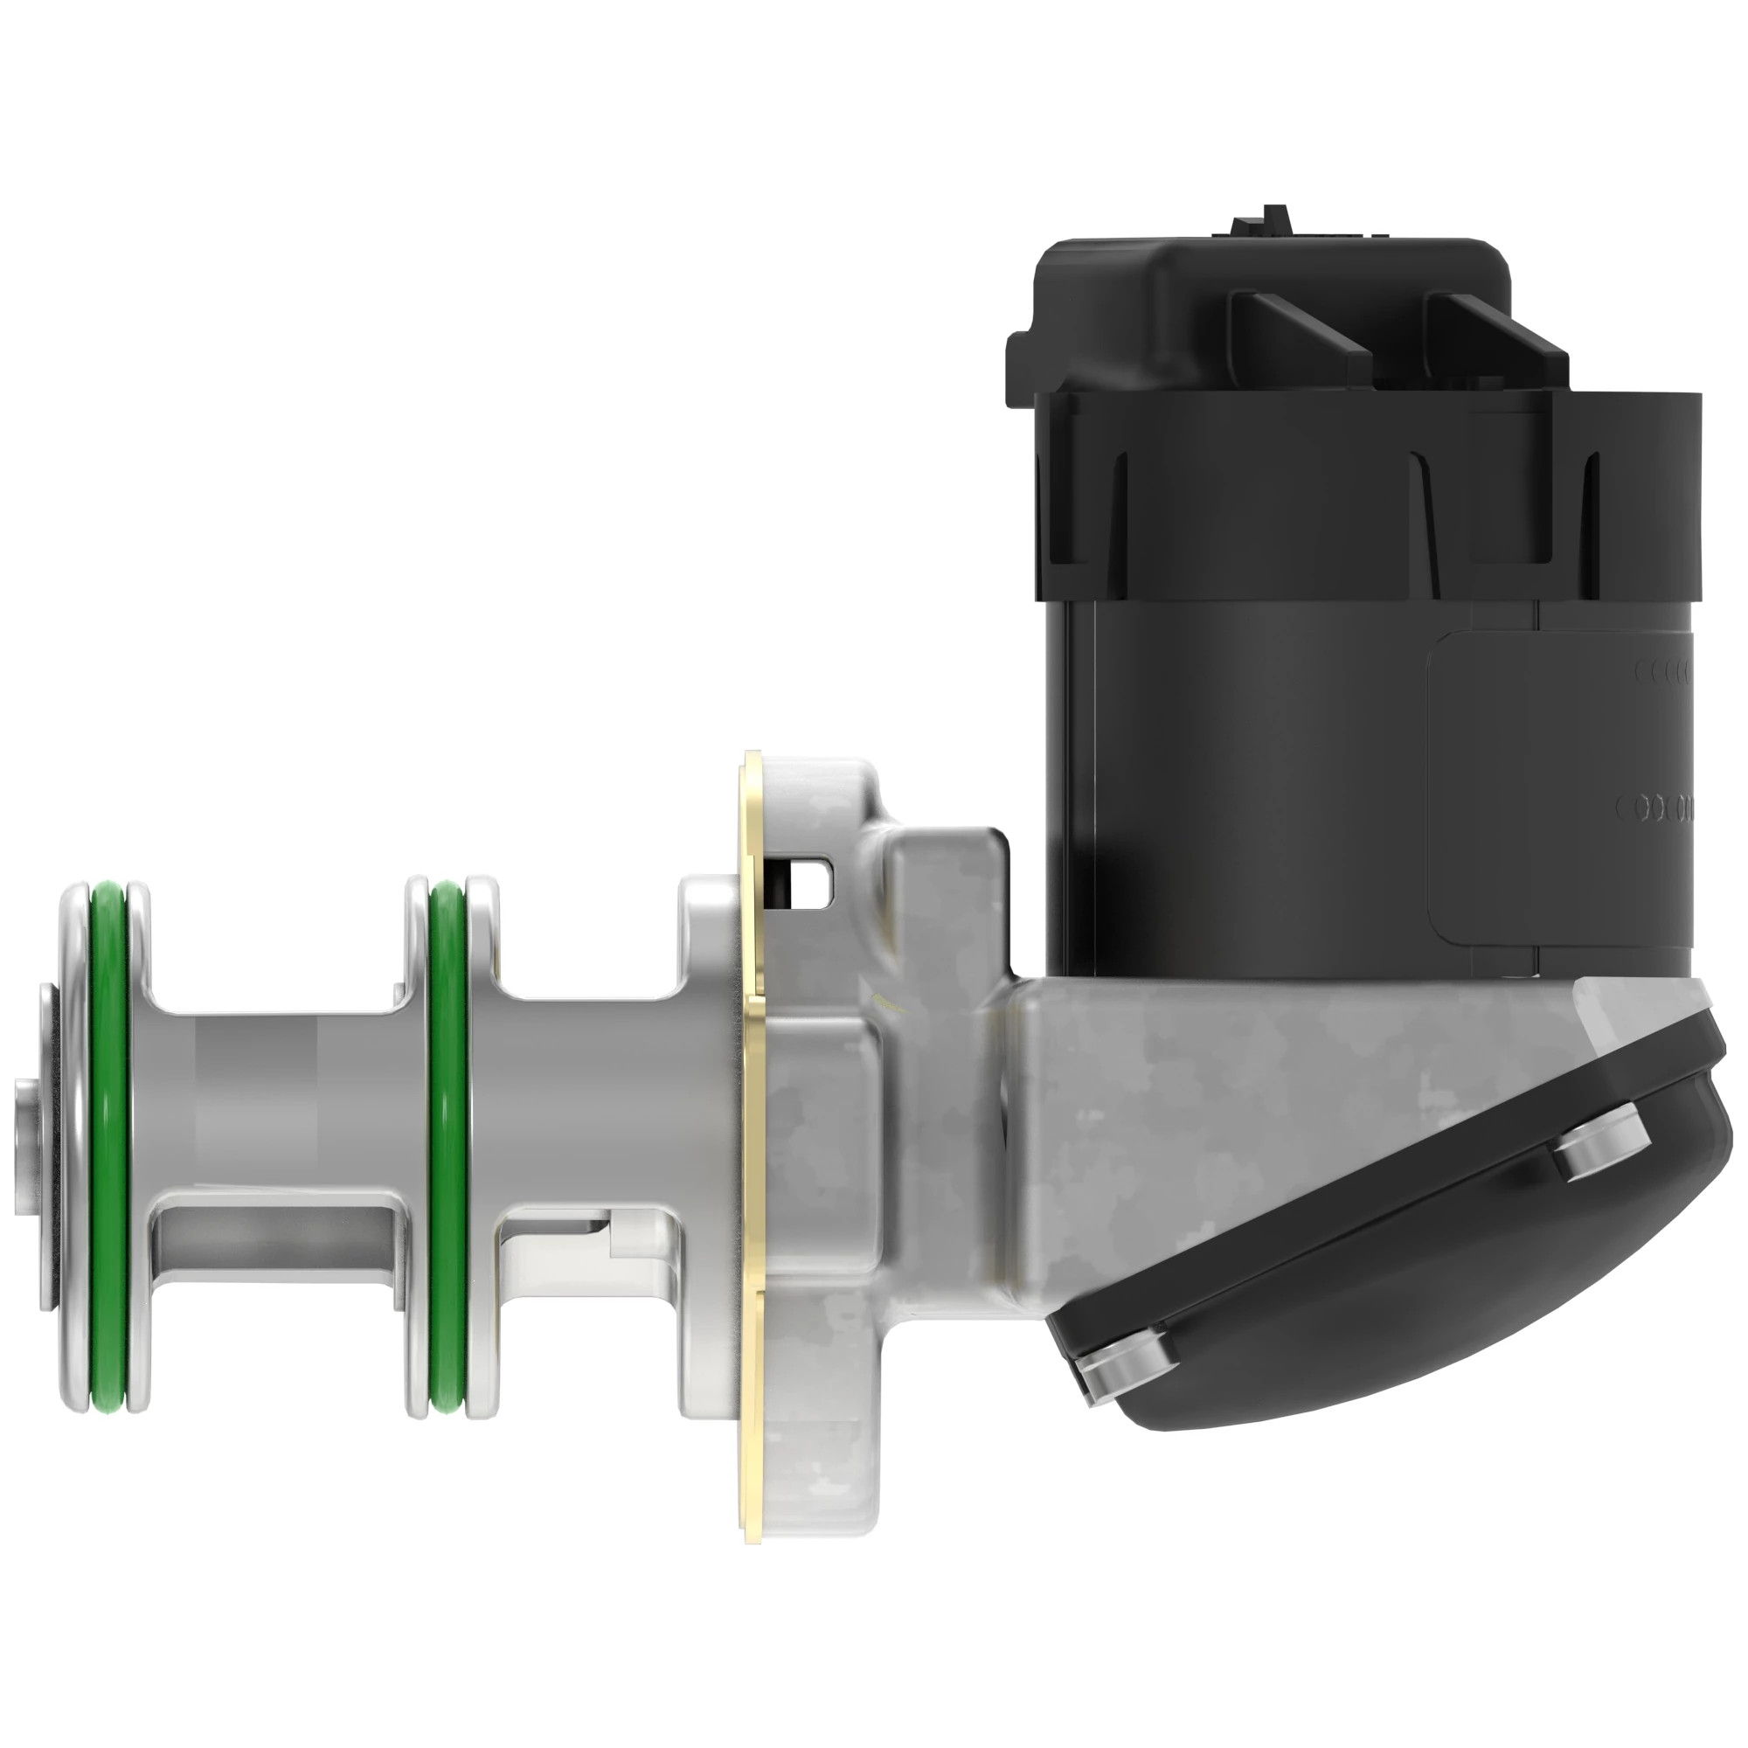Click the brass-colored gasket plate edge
(x=752, y=1131)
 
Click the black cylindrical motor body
(x=1249, y=769)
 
